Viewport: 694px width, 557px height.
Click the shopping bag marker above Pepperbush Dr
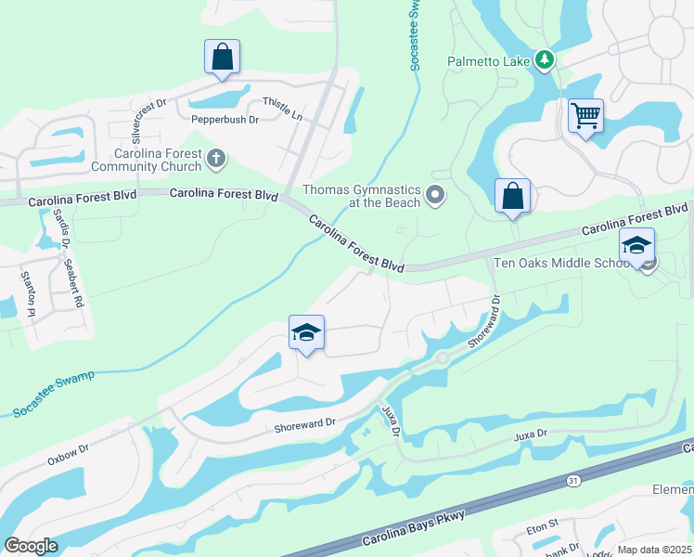(223, 57)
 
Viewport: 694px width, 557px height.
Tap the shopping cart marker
(585, 117)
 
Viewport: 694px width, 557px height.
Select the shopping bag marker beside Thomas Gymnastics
(512, 197)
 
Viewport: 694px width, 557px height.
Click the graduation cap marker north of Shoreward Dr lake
(306, 334)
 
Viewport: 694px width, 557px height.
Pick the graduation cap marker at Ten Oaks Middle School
(636, 246)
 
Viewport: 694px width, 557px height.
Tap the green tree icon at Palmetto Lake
(545, 61)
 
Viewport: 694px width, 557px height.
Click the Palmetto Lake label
(488, 61)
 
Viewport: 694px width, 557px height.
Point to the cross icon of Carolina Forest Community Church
(216, 158)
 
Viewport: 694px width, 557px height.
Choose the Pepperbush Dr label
(223, 120)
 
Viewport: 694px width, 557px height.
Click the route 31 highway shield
(573, 481)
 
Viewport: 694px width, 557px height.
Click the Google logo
(32, 546)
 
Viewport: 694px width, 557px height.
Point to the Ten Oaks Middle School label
(562, 263)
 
